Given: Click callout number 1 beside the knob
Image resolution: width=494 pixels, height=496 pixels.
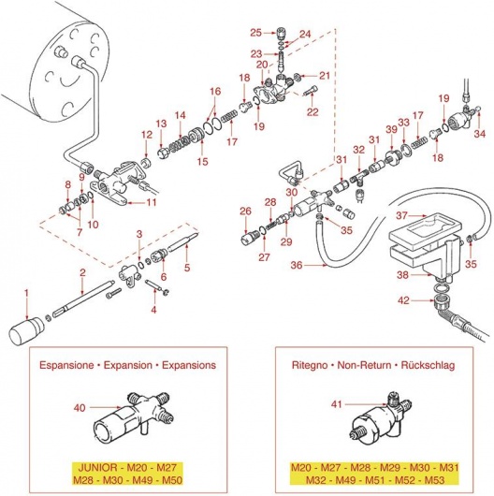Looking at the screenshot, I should pos(26,294).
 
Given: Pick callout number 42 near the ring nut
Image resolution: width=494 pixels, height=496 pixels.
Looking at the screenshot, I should pos(403,301).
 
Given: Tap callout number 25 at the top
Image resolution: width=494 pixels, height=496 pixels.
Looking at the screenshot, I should pos(256,32).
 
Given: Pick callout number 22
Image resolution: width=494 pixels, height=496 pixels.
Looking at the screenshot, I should pos(312,112).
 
